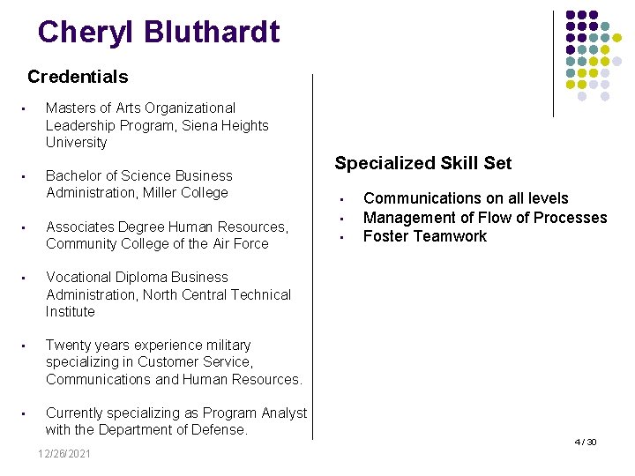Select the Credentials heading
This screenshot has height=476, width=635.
78,77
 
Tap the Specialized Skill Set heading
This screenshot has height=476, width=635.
422,163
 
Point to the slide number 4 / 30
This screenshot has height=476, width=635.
586,442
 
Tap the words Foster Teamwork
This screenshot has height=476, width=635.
425,236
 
